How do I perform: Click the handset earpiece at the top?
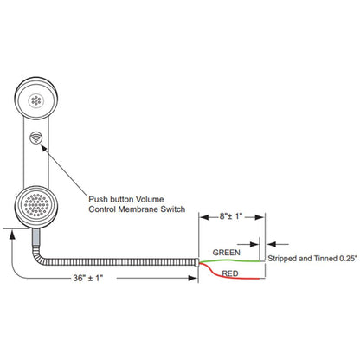point(36,99)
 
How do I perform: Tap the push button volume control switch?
point(35,138)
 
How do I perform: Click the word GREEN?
point(226,253)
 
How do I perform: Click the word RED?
point(230,273)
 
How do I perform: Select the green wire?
point(232,260)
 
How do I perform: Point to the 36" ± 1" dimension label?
point(88,278)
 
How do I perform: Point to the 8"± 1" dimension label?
point(231,216)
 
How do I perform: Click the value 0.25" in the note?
point(348,259)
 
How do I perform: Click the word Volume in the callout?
point(150,199)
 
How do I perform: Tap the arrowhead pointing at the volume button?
point(44,147)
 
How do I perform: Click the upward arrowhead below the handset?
point(12,235)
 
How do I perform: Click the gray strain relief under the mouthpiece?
point(35,237)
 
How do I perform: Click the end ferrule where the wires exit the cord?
point(196,262)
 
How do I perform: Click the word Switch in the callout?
point(173,209)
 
